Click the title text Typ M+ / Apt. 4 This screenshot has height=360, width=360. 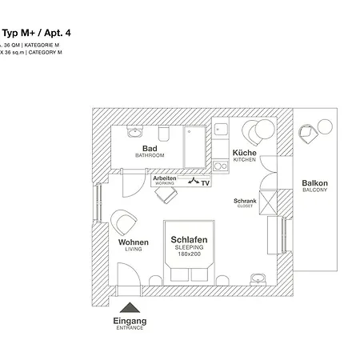pos(37,33)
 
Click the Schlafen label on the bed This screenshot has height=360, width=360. pos(190,239)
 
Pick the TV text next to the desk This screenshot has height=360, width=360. pos(206,183)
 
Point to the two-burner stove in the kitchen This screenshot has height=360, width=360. pos(219,166)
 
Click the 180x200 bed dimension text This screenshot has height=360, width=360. pos(190,254)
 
